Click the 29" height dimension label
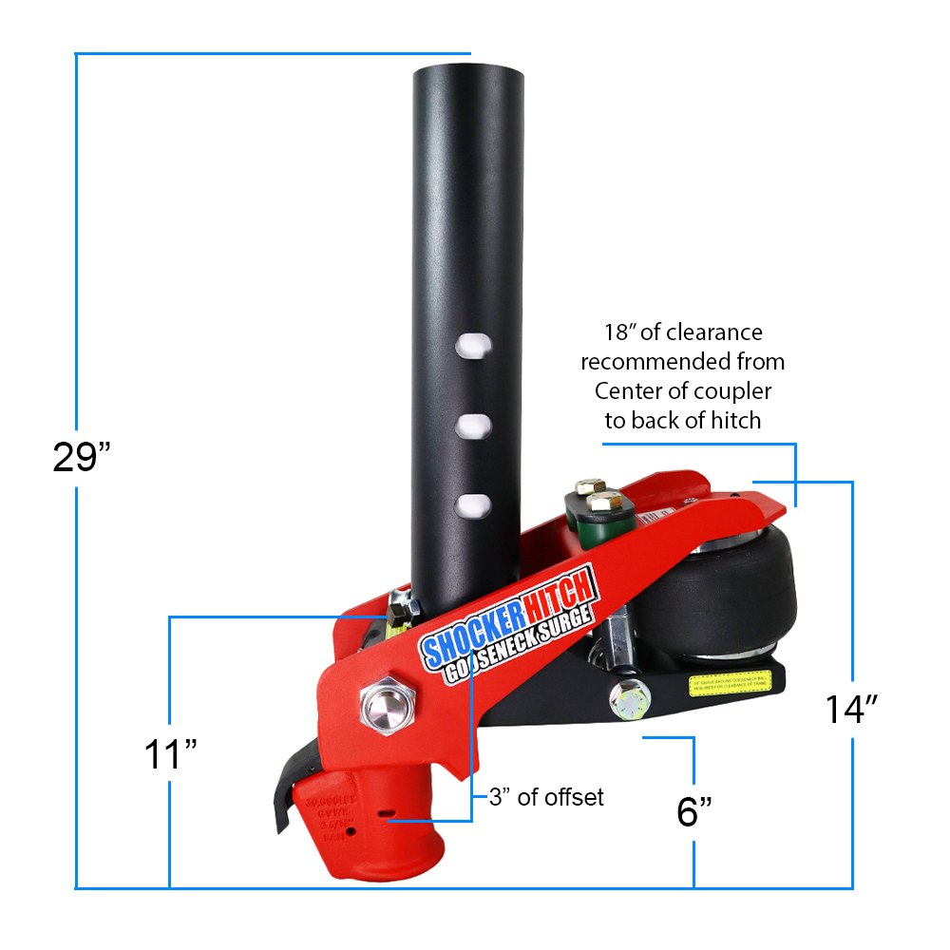[x=83, y=458]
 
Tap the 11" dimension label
[x=170, y=755]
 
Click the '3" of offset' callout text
[x=546, y=797]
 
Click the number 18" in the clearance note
[x=621, y=332]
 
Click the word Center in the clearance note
[x=630, y=390]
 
